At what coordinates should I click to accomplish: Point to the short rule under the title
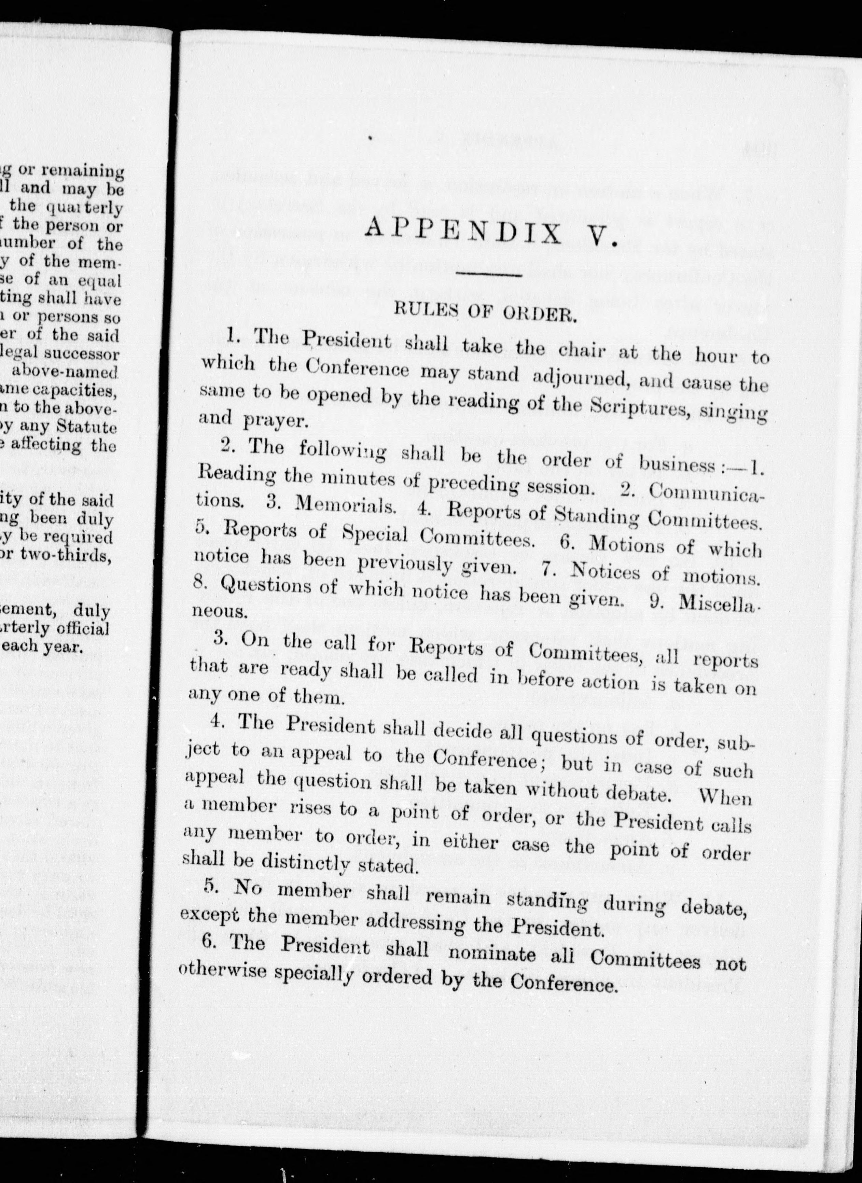(x=489, y=274)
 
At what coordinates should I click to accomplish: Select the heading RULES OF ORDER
(x=485, y=313)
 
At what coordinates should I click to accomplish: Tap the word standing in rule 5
(x=552, y=901)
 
